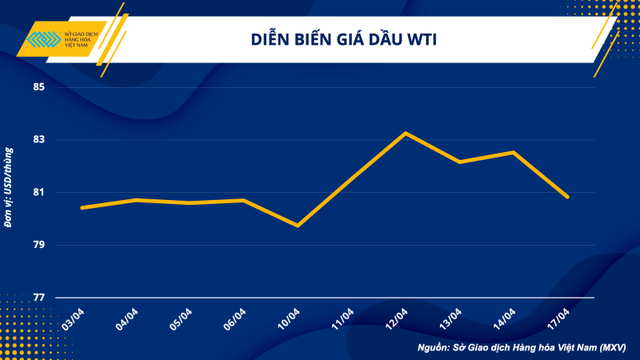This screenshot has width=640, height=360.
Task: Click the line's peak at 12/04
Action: point(406,133)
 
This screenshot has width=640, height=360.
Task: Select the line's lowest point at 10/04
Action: point(298,226)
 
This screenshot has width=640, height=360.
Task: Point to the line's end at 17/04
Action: point(567,197)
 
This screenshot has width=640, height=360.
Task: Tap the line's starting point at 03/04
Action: point(82,208)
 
